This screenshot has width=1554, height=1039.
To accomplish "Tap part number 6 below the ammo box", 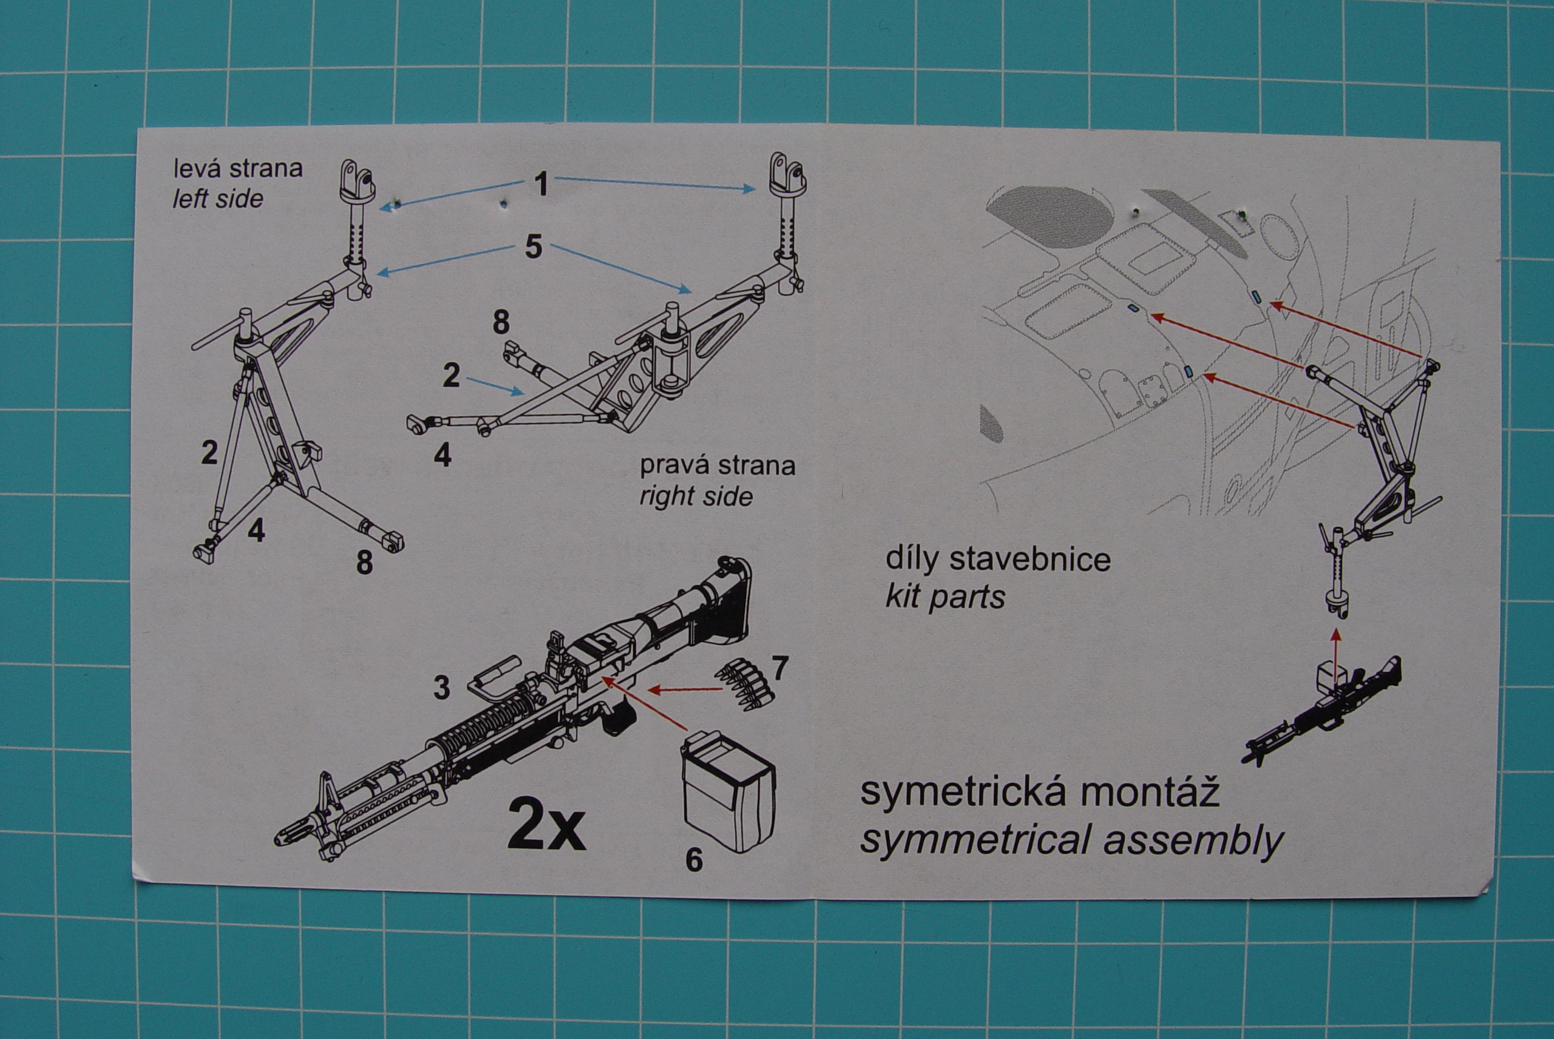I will pyautogui.click(x=693, y=860).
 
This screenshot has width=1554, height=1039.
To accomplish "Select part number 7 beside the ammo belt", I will pyautogui.click(x=780, y=668).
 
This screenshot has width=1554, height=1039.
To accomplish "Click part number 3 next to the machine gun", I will pyautogui.click(x=441, y=687).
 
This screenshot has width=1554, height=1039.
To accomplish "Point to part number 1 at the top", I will pyautogui.click(x=541, y=183).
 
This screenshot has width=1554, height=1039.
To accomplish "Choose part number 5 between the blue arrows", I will pyautogui.click(x=533, y=247).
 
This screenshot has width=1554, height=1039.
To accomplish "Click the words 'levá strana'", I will pyautogui.click(x=237, y=168).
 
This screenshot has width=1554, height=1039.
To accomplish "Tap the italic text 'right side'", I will pyautogui.click(x=696, y=496).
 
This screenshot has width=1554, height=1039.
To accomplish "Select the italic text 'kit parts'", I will pyautogui.click(x=945, y=597).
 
